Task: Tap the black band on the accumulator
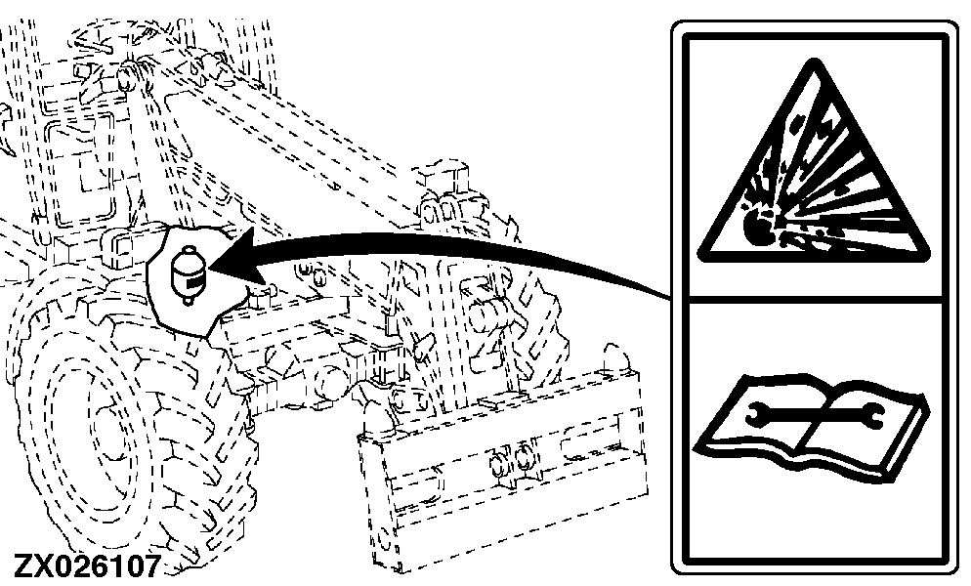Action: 194,282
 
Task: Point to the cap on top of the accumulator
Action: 187,251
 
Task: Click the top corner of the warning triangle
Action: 815,61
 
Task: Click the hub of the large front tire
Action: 103,428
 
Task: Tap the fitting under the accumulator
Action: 187,301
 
